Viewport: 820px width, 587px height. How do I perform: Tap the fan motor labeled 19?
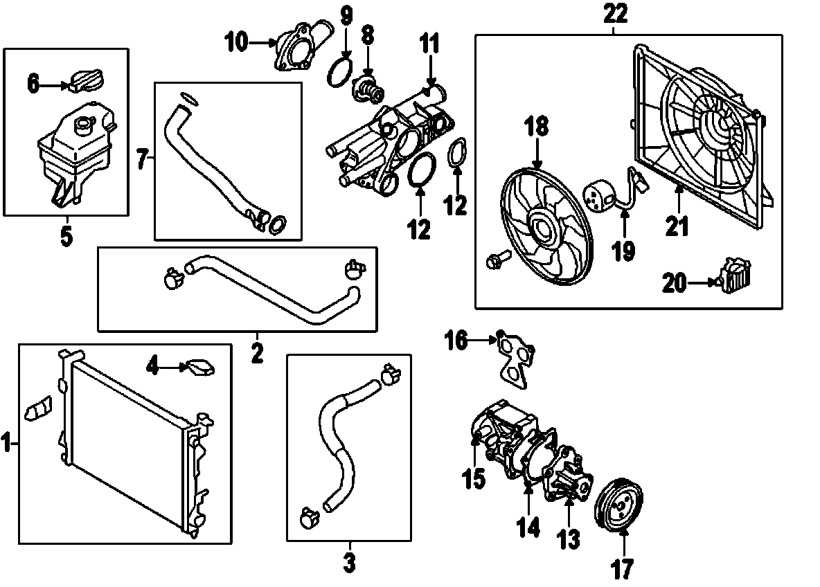(x=599, y=195)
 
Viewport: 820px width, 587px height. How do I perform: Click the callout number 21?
(x=679, y=225)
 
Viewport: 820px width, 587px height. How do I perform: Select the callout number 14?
(x=528, y=527)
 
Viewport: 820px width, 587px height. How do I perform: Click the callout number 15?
(x=474, y=478)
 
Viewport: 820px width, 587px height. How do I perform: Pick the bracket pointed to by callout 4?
(x=199, y=368)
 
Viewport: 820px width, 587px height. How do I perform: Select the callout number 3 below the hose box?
(x=349, y=562)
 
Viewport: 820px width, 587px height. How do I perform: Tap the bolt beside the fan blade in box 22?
(x=495, y=260)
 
